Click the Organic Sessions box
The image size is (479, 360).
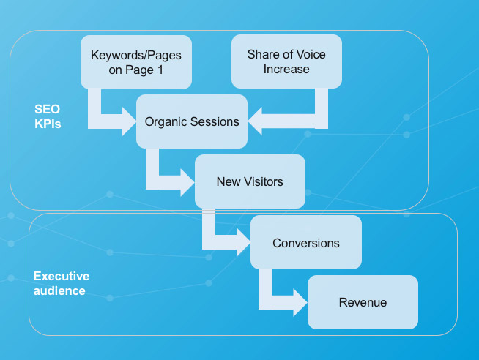193,121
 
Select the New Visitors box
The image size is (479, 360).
249,181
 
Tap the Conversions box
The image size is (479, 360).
305,242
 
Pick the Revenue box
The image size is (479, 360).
363,301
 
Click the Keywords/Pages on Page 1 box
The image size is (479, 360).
135,62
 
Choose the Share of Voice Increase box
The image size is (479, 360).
286,62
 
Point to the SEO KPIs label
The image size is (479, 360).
48,116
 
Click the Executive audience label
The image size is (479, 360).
62,283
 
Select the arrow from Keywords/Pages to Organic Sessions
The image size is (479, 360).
110,117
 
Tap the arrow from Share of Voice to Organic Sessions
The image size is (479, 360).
293,117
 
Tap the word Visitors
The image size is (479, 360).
262,181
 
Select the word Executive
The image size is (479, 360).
62,276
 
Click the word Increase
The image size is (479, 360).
286,70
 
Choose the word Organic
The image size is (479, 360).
165,121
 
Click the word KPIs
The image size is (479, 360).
47,124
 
